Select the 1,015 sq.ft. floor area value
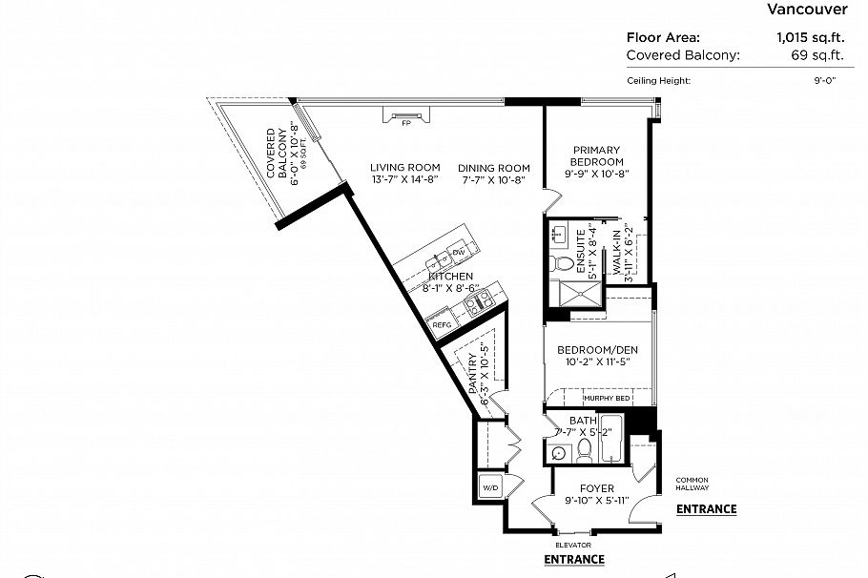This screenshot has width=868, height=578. click(806, 38)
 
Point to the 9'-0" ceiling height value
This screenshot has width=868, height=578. click(824, 81)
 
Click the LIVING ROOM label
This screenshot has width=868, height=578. click(404, 168)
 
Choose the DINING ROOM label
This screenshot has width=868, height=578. click(494, 168)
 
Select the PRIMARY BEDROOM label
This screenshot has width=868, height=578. click(596, 155)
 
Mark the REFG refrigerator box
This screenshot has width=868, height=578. click(442, 325)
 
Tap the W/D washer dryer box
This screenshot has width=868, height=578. click(490, 487)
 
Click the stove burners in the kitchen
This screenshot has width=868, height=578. click(476, 303)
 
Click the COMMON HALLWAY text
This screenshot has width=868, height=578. click(692, 484)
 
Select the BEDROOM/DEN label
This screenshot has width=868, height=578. click(596, 349)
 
